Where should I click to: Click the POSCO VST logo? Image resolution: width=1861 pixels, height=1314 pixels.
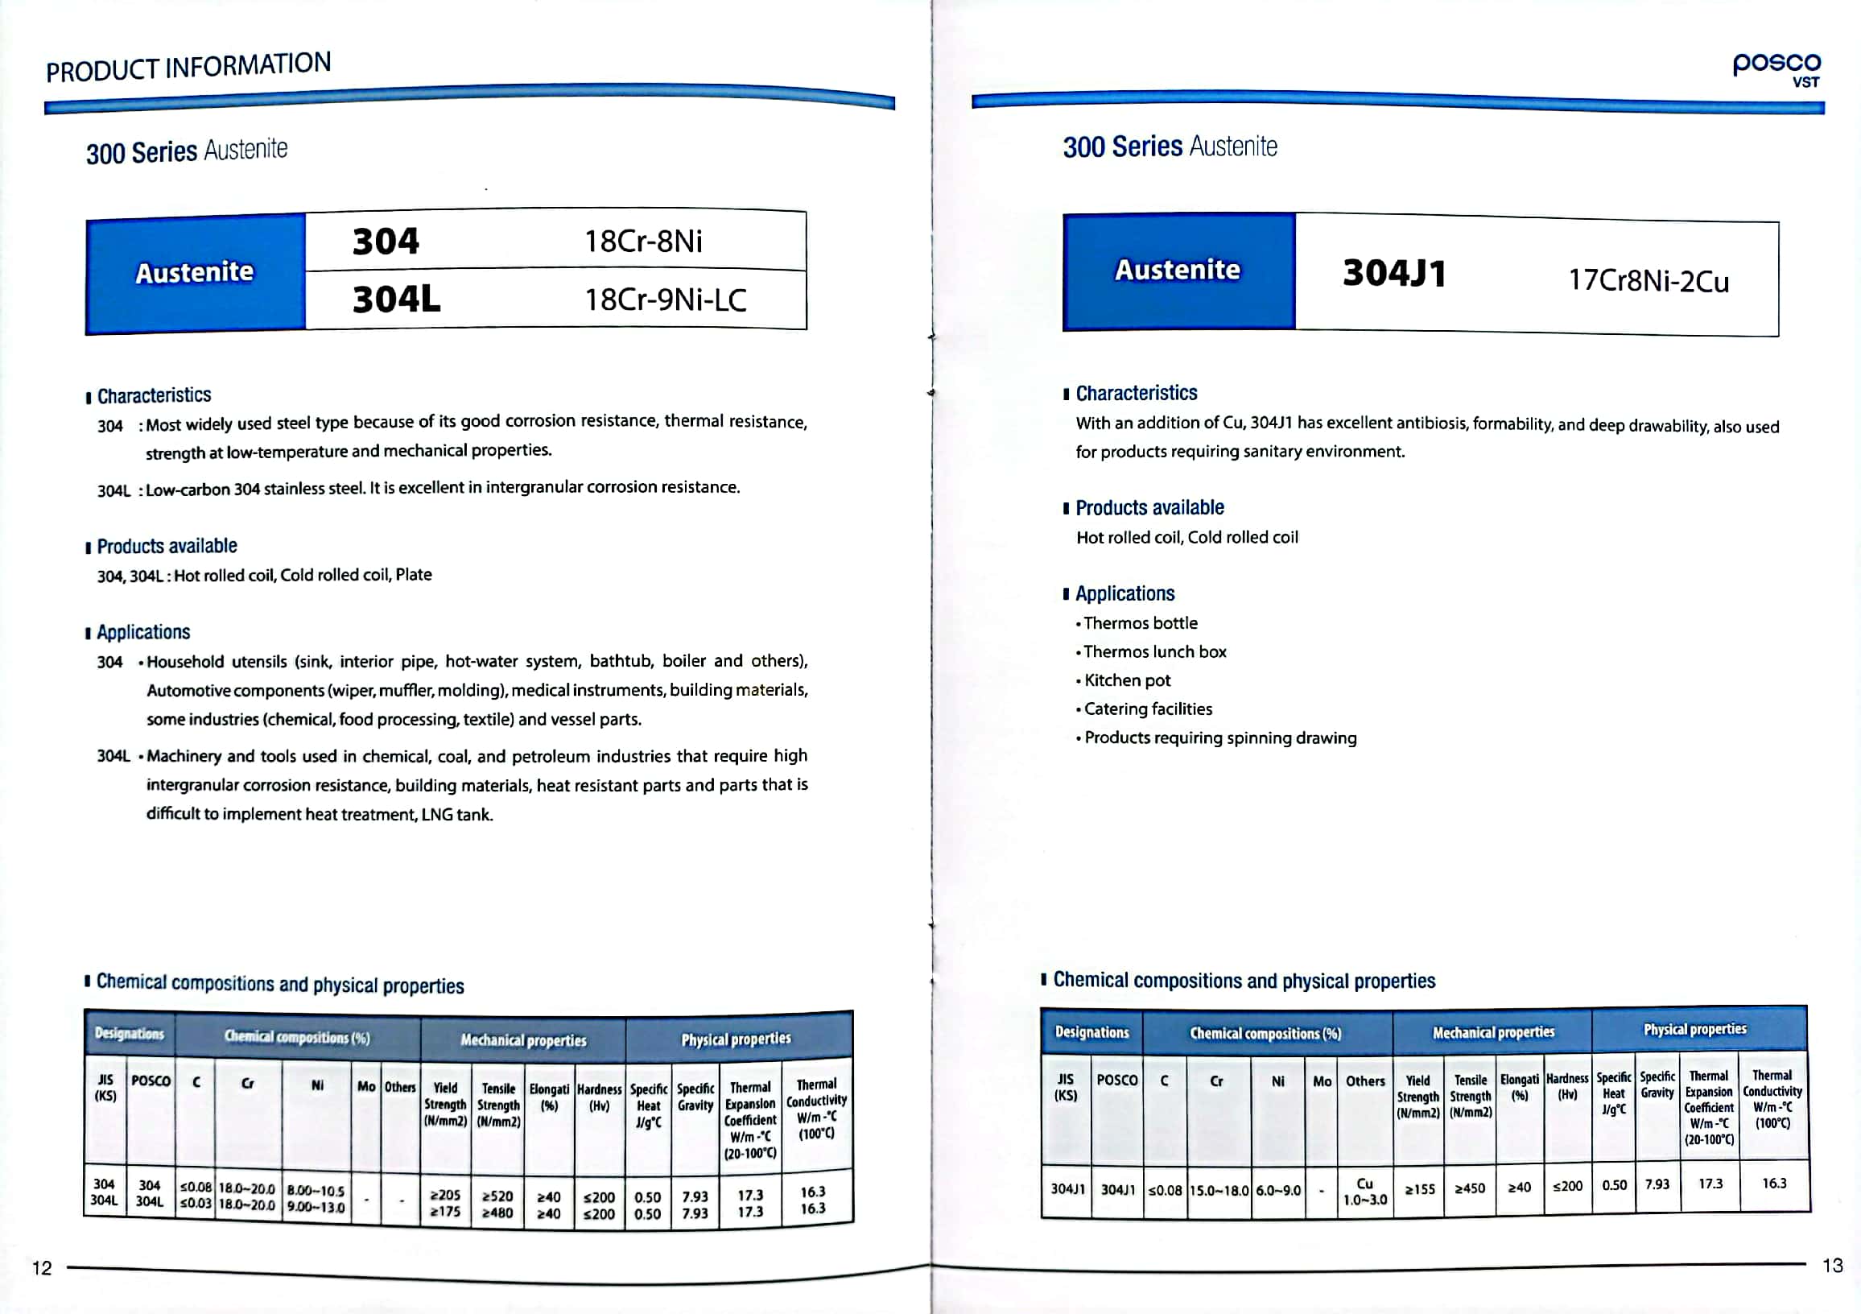coord(1776,69)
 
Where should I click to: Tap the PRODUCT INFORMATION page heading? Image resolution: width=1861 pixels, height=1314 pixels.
coord(188,68)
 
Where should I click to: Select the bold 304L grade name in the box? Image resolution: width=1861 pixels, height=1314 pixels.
coord(396,300)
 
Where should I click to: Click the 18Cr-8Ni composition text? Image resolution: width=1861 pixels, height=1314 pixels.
coord(644,241)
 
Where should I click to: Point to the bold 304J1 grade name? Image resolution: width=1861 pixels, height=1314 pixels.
coord(1394,273)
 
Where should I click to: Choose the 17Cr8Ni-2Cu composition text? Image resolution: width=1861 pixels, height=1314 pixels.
coord(1648,280)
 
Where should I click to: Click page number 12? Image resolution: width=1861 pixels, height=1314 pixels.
coord(41,1268)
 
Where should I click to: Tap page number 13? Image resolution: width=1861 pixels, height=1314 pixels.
coord(1832,1266)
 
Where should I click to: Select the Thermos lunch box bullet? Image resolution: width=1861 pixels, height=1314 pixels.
coord(1154,651)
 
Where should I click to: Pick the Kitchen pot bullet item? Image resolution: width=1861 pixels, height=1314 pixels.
coord(1127,680)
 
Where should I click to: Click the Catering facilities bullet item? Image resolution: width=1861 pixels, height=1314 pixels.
coord(1148,709)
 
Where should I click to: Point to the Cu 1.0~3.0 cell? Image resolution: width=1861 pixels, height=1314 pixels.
coord(1365,1191)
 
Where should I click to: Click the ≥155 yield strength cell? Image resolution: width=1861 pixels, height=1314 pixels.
coord(1419,1189)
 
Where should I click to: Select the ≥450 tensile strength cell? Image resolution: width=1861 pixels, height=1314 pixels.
coord(1470,1189)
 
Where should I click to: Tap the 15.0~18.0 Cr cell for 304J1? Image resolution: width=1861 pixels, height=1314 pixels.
coord(1219,1190)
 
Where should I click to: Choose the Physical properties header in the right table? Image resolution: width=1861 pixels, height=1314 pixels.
coord(1694,1030)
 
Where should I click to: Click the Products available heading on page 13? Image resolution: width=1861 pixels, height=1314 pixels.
coord(1149,507)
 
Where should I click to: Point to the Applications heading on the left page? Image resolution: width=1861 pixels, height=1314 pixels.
coord(143,632)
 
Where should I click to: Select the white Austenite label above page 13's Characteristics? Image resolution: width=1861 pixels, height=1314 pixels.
coord(1177,270)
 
